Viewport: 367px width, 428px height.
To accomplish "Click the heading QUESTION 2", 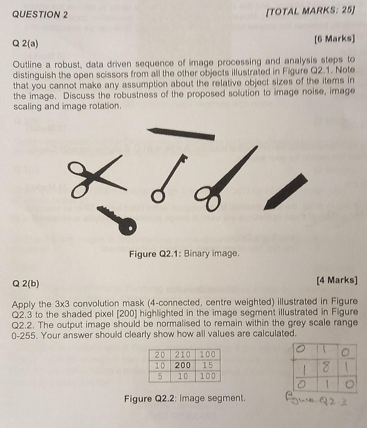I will (x=40, y=15).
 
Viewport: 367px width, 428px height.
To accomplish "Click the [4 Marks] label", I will (x=337, y=280).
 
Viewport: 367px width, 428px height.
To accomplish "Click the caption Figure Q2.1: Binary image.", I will (x=184, y=253).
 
